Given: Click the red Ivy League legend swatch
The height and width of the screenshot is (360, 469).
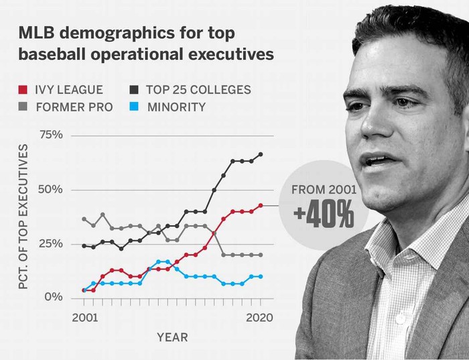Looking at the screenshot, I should click(x=23, y=89).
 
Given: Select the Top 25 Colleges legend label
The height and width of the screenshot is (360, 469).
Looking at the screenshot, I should click(x=199, y=89).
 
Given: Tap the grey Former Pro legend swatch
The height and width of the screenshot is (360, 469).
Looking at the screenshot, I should click(x=23, y=107).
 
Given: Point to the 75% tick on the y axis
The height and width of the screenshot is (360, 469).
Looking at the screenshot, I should click(x=50, y=135).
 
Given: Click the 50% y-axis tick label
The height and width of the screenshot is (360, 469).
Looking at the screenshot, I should click(x=50, y=190).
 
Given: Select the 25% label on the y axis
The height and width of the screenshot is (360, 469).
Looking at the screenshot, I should click(x=50, y=244).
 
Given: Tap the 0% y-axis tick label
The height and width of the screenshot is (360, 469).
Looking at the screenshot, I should click(x=54, y=297).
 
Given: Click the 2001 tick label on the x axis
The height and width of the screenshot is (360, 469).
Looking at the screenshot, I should click(x=84, y=317).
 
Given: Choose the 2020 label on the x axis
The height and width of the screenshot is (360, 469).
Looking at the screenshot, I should click(x=259, y=317).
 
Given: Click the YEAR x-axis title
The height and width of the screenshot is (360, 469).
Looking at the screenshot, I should click(x=172, y=337).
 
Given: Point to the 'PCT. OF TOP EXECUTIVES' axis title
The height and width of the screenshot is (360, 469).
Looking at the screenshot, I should click(x=23, y=216).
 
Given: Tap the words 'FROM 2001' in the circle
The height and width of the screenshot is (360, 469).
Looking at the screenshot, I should click(x=324, y=190).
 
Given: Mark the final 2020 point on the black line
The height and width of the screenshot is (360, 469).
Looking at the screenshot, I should click(x=261, y=154).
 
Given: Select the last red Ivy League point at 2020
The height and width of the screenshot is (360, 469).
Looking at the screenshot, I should click(x=261, y=206).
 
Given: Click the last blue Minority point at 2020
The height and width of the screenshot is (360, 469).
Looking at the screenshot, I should click(x=261, y=276).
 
